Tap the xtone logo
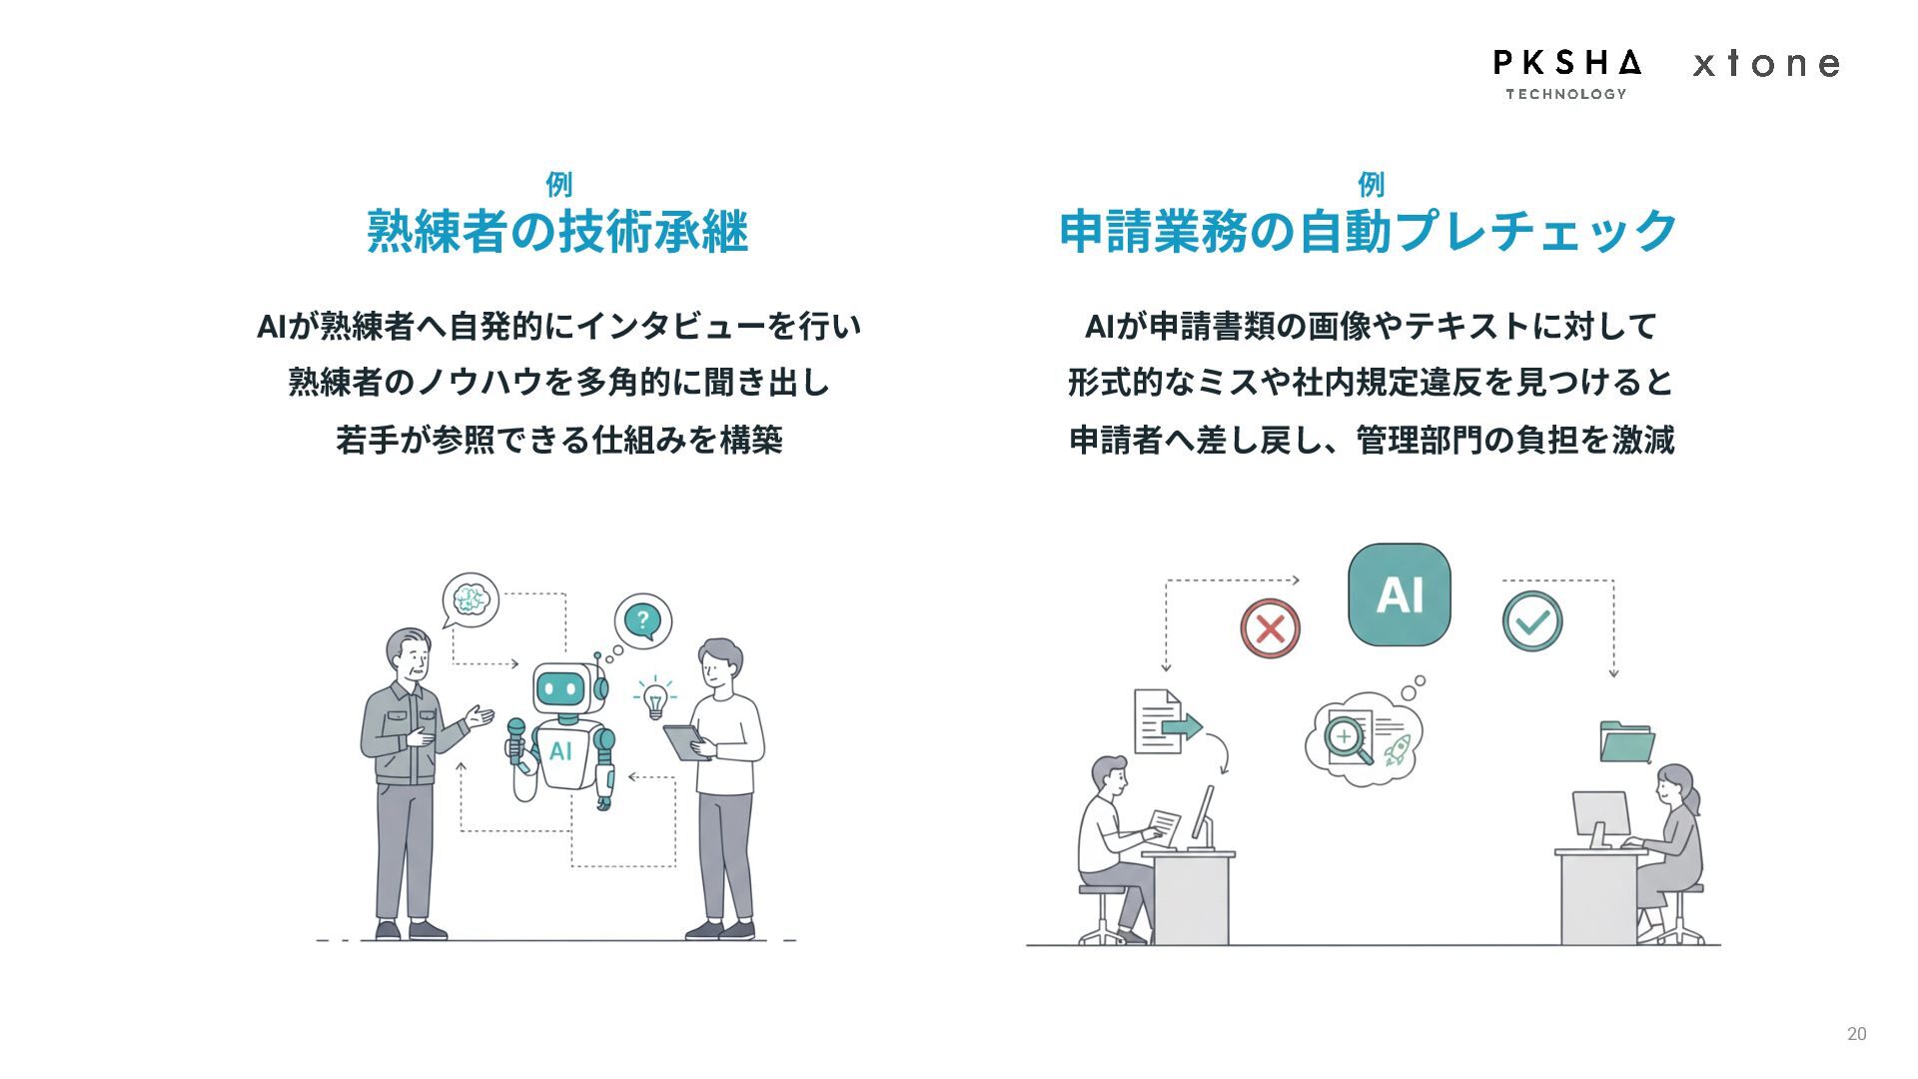click(x=1766, y=64)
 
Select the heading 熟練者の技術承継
click(x=557, y=232)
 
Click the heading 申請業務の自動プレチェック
click(x=1369, y=232)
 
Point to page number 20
click(x=1856, y=1034)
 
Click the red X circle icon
click(x=1270, y=628)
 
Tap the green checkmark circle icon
click(x=1531, y=621)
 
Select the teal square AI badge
click(x=1399, y=594)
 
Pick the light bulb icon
click(x=655, y=697)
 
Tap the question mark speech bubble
click(x=642, y=620)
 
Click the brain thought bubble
click(x=471, y=599)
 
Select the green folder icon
click(x=1626, y=742)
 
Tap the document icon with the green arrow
click(x=1164, y=722)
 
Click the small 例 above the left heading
click(x=558, y=185)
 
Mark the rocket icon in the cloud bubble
click(x=1397, y=749)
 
